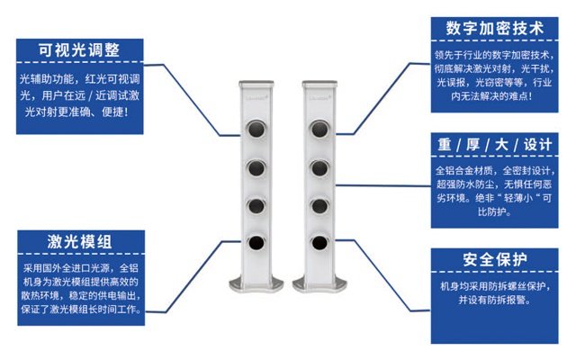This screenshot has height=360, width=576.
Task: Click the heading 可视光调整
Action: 79,50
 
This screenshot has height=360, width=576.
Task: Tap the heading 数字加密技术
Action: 494,28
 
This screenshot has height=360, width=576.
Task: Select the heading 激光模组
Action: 80,242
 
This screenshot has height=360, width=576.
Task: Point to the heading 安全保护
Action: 494,260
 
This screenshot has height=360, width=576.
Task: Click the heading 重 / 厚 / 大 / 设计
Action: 494,144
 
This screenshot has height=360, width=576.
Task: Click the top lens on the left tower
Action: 256,129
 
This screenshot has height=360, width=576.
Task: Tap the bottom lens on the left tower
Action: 256,243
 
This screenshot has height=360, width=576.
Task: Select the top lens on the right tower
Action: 319,129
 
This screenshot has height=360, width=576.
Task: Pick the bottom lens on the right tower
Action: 319,243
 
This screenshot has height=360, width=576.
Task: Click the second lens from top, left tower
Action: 256,168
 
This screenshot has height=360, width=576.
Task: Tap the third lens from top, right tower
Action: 319,206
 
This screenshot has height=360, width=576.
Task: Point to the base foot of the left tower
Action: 256,284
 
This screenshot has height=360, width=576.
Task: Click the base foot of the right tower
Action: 319,284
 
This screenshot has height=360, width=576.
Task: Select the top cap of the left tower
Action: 256,84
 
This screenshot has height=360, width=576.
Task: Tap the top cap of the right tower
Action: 319,84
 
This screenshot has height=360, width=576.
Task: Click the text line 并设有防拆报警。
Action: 494,300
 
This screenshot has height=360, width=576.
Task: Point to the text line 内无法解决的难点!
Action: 492,96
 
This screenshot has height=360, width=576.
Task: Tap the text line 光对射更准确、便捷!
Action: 77,112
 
